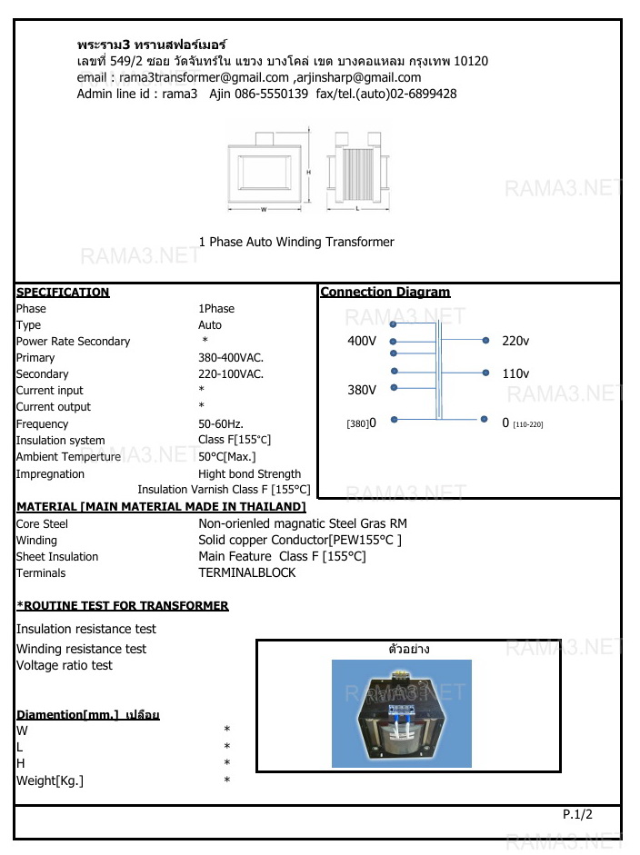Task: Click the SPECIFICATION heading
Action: [63, 293]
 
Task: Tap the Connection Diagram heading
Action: [385, 293]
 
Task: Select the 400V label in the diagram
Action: [362, 341]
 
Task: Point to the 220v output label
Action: [515, 341]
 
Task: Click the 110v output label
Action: [515, 373]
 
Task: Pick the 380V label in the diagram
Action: [362, 390]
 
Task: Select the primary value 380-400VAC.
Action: [231, 358]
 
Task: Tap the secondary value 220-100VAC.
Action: [231, 374]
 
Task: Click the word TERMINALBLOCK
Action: [246, 573]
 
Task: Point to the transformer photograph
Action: [401, 713]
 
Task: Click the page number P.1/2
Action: [577, 815]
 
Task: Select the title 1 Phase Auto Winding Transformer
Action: [296, 243]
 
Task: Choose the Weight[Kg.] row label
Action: [50, 780]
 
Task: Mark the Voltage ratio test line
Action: [65, 665]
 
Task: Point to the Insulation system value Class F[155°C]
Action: [235, 441]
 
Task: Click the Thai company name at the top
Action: [152, 44]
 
